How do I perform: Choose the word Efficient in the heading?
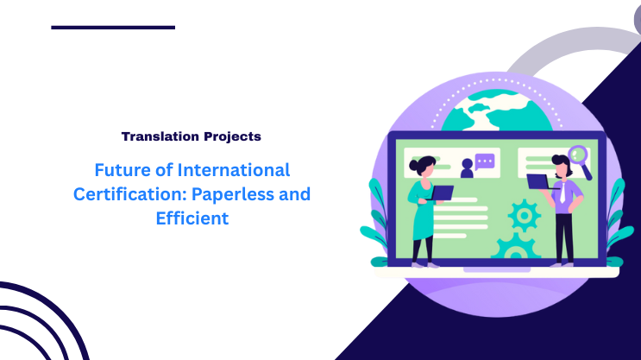(x=192, y=218)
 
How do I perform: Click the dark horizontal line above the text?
(x=113, y=28)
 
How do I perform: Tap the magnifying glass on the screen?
(x=579, y=158)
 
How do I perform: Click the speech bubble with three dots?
(x=486, y=161)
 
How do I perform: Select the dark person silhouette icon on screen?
(x=467, y=167)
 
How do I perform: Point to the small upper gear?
(x=523, y=212)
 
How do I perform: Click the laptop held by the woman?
(x=442, y=194)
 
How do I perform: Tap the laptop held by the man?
(x=538, y=181)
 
